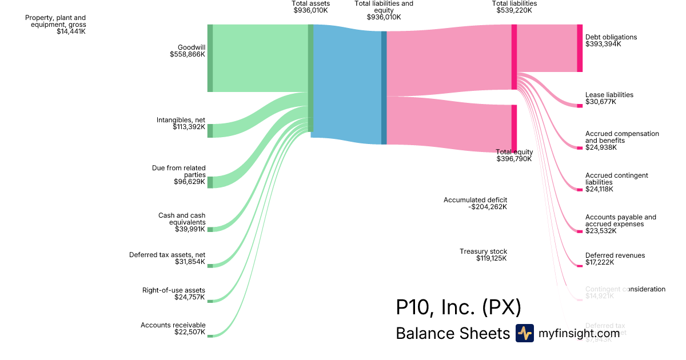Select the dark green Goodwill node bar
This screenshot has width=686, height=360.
tap(210, 58)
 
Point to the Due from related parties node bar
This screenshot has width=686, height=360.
tap(210, 182)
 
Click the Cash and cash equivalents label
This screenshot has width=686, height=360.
tap(182, 222)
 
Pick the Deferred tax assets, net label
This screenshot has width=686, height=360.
tap(167, 258)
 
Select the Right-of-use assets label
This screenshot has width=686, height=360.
tap(173, 294)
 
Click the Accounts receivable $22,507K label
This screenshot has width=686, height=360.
tap(173, 329)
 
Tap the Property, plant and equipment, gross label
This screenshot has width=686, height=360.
tap(55, 25)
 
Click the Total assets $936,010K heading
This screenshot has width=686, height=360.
tap(310, 7)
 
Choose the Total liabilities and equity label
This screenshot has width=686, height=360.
tap(384, 10)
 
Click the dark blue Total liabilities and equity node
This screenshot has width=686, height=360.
tap(384, 87)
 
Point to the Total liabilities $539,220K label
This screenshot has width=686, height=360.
tap(514, 7)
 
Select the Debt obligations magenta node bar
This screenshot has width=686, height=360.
tap(580, 48)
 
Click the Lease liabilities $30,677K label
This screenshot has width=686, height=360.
tap(609, 98)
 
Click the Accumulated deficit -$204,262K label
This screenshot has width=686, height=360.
tap(475, 203)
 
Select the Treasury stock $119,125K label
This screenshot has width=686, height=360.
tap(483, 255)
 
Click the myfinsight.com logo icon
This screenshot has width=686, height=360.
tap(524, 333)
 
